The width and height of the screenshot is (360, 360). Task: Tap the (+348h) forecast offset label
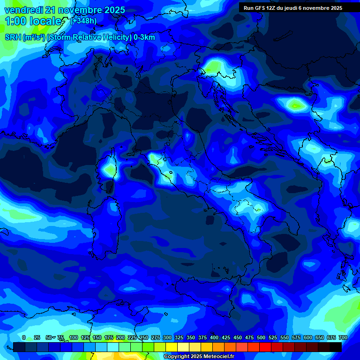click(83, 21)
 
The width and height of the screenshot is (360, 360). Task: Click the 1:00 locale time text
click(33, 21)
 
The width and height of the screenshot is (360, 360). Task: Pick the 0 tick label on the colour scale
click(24, 337)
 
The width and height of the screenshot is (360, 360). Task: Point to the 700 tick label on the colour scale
click(343, 337)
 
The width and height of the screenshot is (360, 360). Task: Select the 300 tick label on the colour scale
click(167, 337)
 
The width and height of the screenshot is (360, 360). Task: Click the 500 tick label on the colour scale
click(261, 337)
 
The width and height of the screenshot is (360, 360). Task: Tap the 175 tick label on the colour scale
click(109, 337)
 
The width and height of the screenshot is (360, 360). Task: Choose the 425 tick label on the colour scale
click(226, 337)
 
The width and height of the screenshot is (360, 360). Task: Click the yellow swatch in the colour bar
click(172, 347)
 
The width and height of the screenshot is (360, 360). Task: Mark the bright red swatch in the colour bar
click(265, 347)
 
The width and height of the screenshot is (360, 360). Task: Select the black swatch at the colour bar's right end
click(336, 347)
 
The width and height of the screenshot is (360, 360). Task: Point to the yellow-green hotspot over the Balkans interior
click(295, 105)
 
